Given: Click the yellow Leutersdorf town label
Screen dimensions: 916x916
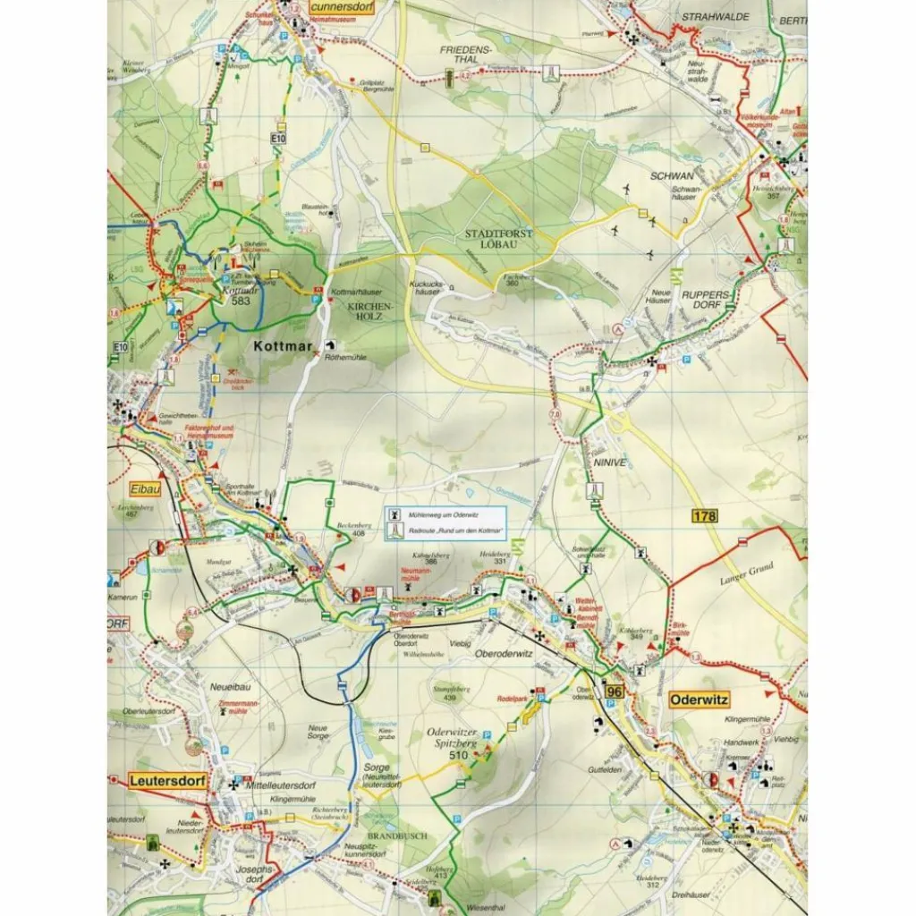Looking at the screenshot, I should pos(167,781).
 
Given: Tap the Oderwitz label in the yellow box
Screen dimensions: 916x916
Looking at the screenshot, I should pos(699,699).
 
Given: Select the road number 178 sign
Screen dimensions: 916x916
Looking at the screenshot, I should pos(705,515).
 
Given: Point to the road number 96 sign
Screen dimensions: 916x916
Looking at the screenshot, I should pos(614,691).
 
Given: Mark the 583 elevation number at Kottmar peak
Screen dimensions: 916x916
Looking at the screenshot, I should pos(241,301).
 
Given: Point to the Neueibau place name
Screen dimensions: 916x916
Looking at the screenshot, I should pos(228,689).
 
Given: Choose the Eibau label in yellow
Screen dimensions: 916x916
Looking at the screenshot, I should pos(143,491).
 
